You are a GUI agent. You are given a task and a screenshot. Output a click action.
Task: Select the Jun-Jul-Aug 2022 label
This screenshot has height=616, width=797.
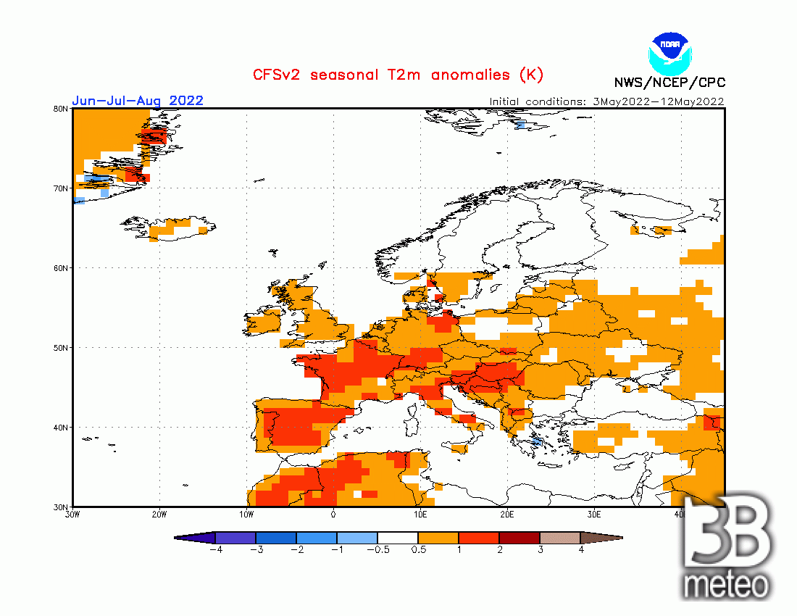(138, 101)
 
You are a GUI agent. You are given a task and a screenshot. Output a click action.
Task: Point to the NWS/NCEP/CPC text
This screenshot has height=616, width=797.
(669, 83)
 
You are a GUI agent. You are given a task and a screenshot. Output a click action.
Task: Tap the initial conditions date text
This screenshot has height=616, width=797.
(606, 101)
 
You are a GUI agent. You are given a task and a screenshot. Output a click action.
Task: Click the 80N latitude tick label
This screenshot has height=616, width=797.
(61, 109)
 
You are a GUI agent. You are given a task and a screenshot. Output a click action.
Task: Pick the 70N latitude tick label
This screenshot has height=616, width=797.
(61, 188)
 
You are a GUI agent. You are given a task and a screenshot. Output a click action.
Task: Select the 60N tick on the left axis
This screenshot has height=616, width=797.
(61, 268)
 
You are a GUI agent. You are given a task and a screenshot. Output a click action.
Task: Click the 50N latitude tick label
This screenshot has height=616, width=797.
(61, 348)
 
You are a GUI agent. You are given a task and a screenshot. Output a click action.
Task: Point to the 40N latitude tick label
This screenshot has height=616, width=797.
(61, 428)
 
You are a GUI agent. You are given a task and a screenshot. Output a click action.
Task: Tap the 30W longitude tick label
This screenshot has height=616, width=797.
(72, 515)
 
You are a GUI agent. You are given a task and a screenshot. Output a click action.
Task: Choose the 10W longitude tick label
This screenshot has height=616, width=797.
(246, 515)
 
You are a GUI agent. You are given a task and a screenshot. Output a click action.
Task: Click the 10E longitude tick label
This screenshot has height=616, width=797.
(420, 515)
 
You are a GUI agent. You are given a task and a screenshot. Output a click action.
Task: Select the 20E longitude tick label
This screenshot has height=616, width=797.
(507, 515)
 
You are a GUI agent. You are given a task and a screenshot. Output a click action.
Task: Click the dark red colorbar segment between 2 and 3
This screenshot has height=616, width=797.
(519, 538)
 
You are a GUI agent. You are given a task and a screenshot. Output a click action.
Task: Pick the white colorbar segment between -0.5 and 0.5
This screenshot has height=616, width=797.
(398, 538)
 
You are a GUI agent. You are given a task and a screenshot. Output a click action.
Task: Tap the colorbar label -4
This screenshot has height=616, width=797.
(215, 550)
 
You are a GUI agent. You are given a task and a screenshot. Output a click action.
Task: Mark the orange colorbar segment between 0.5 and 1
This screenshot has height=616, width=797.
(438, 538)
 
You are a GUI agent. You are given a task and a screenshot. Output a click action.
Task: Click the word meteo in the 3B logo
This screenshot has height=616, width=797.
(726, 584)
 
